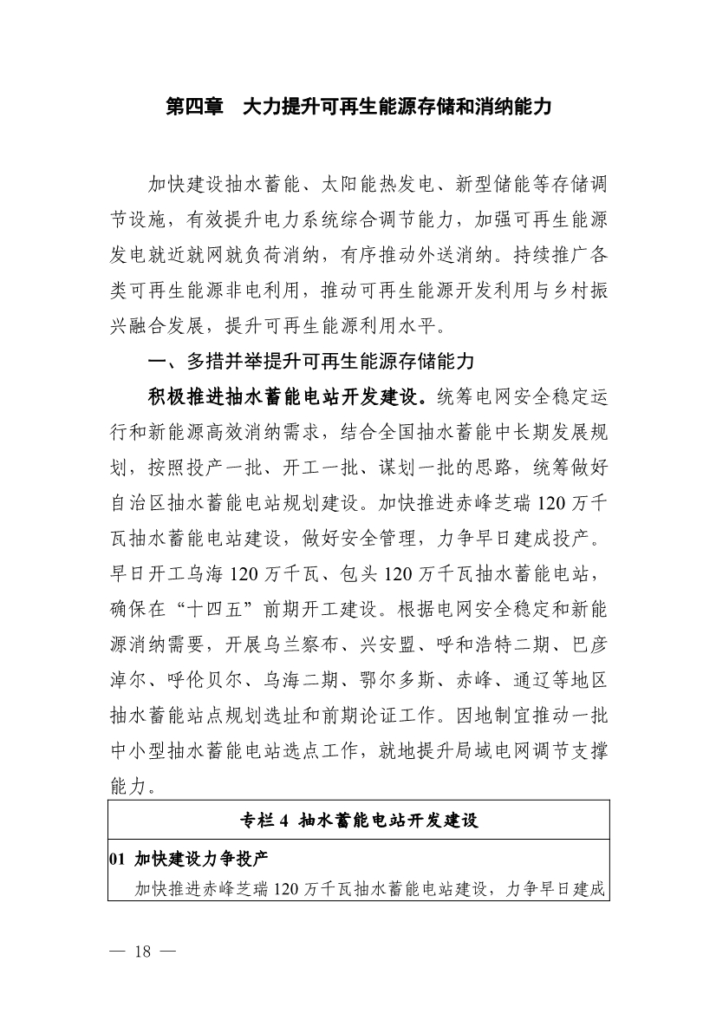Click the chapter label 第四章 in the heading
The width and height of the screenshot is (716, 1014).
(192, 108)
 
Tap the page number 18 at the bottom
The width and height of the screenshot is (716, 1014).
(143, 952)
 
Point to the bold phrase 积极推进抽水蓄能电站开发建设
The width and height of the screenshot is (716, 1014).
(285, 396)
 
